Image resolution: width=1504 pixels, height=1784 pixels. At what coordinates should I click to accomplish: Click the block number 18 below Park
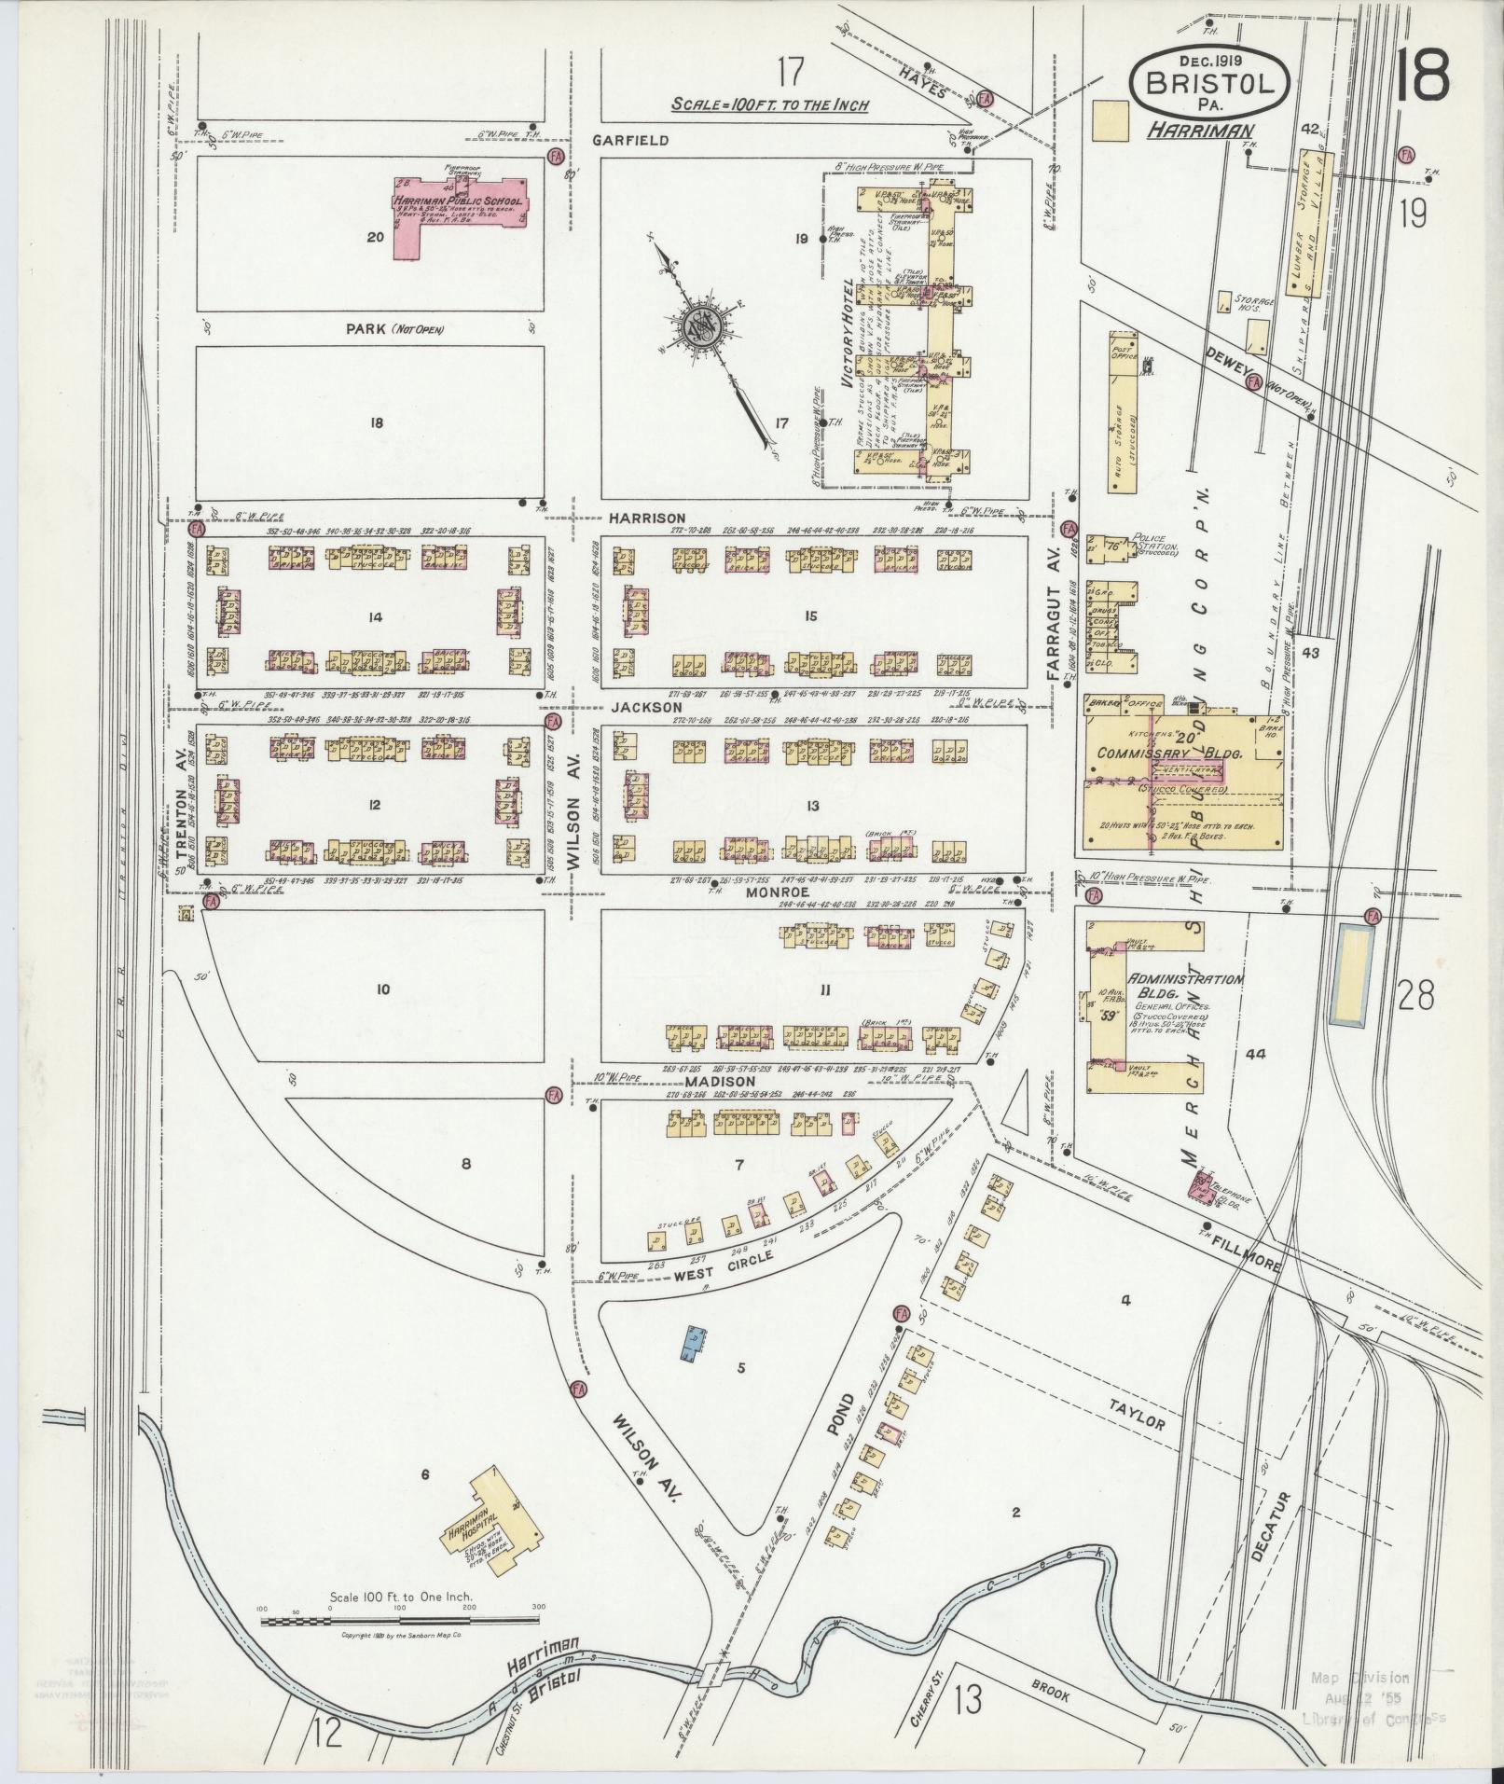[x=377, y=422]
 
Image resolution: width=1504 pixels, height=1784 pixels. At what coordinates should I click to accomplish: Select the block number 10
[x=382, y=989]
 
